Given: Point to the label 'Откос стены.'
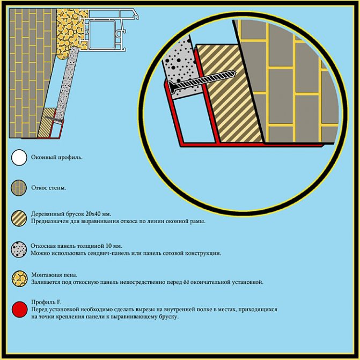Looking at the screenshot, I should point(49,188).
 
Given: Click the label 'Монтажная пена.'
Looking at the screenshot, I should point(55,275).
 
